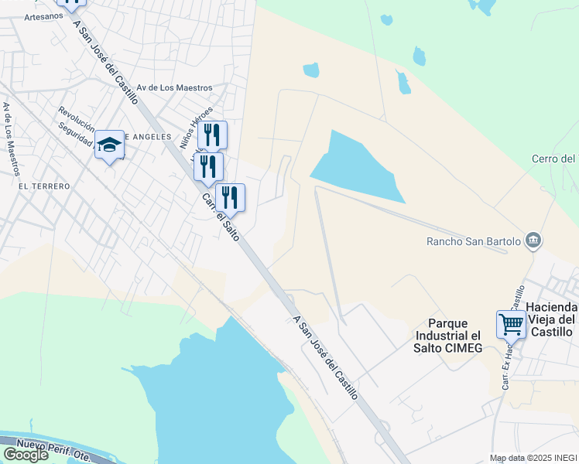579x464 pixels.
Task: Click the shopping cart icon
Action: click(x=511, y=326)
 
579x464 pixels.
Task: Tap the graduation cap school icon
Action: click(x=109, y=145)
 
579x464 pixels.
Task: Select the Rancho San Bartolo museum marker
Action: click(x=533, y=241)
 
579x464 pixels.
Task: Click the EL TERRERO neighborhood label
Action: click(x=44, y=186)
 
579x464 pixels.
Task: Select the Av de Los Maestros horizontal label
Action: click(x=174, y=88)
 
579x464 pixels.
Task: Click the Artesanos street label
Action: click(x=43, y=16)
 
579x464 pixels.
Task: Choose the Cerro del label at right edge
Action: click(x=554, y=159)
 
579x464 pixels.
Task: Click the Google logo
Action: click(x=26, y=454)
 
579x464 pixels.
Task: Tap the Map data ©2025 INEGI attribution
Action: click(x=533, y=458)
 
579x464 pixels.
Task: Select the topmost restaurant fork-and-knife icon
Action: click(x=212, y=135)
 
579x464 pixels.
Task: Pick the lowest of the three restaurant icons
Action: click(x=230, y=198)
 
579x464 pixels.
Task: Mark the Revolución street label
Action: click(x=76, y=119)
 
